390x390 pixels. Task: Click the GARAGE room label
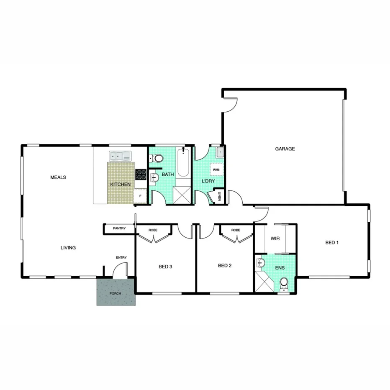[x=285, y=149]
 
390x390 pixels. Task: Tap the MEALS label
[x=58, y=177]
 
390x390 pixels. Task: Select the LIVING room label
[x=68, y=248]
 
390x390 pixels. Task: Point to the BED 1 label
[x=332, y=242]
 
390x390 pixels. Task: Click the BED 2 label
[x=225, y=265]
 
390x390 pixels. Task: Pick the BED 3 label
[x=166, y=267]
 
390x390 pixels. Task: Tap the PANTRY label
[x=119, y=228]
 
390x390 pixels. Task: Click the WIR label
[x=275, y=239]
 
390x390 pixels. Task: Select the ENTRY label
[x=121, y=258]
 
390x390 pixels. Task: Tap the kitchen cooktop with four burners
[x=141, y=174]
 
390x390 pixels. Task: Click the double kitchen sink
[x=120, y=157]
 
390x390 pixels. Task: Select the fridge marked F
[x=140, y=196]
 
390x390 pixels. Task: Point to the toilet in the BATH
[x=158, y=158]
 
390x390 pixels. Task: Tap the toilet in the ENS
[x=285, y=283]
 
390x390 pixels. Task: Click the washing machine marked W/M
[x=216, y=169]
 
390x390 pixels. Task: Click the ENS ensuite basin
[x=260, y=264]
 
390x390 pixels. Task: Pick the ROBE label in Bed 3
[x=153, y=230]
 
